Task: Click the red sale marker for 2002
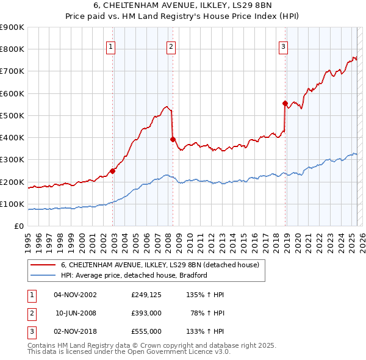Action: point(113,171)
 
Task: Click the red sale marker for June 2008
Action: point(173,139)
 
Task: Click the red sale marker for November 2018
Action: point(285,103)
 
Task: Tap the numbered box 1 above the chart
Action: point(110,47)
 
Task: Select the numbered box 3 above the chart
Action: point(284,47)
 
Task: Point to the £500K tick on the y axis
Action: point(12,115)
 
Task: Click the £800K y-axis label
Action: point(12,49)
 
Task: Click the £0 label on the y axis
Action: point(19,226)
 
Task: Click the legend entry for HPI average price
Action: point(134,275)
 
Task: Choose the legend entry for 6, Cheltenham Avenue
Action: point(160,265)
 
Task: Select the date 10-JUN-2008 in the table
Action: point(76,313)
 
